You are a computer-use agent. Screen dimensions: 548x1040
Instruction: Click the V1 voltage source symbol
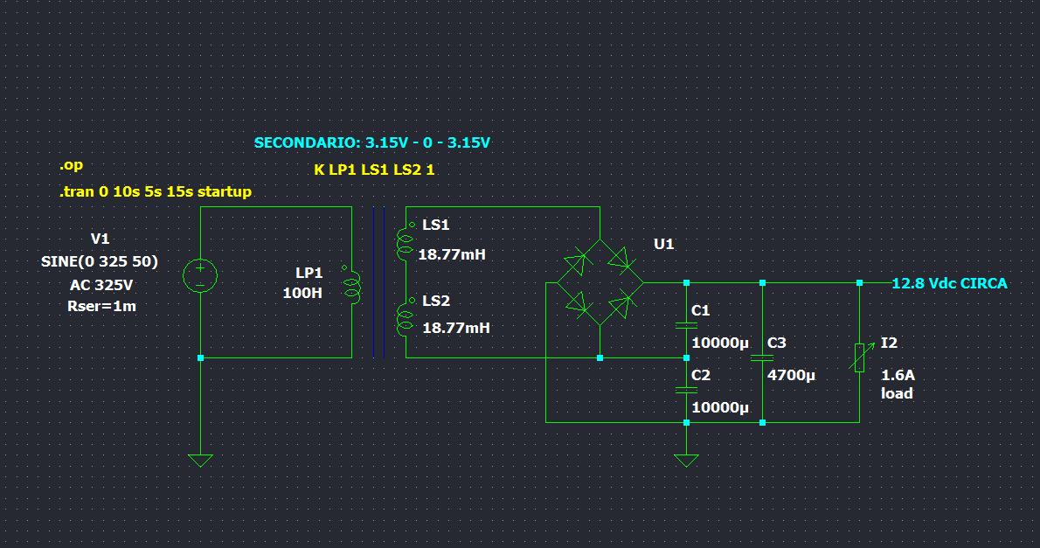[x=200, y=275]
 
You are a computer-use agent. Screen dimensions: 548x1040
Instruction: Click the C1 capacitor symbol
[x=686, y=325]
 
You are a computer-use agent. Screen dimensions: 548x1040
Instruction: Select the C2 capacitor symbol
[x=686, y=391]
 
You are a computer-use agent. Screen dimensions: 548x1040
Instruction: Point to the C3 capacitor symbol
[x=762, y=357]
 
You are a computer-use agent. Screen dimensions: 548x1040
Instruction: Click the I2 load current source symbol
[x=859, y=357]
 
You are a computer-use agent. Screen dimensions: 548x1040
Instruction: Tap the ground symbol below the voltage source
[x=200, y=460]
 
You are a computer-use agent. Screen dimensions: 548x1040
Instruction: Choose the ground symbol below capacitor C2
[x=686, y=460]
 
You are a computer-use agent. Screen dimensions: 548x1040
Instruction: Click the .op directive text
[x=72, y=165]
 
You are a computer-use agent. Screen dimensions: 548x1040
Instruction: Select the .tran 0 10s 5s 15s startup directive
[x=155, y=191]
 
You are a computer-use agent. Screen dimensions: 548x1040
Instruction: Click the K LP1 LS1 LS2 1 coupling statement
[x=374, y=170]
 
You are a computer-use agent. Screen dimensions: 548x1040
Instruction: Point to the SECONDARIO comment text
[x=371, y=142]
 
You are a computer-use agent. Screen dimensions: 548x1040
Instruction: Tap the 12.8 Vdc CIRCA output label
[x=949, y=283]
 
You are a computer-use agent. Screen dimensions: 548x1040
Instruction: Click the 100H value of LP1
[x=302, y=293]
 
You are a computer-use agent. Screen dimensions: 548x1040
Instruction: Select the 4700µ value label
[x=791, y=375]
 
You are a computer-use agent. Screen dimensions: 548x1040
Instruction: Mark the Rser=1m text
[x=101, y=306]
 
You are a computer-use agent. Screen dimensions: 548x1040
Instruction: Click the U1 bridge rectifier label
[x=664, y=244]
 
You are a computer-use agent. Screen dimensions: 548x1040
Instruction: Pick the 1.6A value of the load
[x=898, y=375]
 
